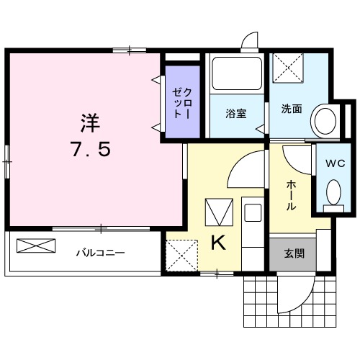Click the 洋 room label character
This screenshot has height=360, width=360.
tap(90, 122)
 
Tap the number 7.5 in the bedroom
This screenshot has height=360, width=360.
tap(90, 150)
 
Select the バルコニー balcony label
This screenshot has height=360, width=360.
tap(101, 253)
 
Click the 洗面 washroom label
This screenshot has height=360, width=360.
tap(291, 110)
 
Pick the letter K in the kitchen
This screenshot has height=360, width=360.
tap(217, 243)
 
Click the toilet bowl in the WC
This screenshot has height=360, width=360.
tap(333, 192)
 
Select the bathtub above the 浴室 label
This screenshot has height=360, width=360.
tap(236, 75)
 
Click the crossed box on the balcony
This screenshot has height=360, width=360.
tap(35, 245)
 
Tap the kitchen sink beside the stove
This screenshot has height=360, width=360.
tap(253, 212)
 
